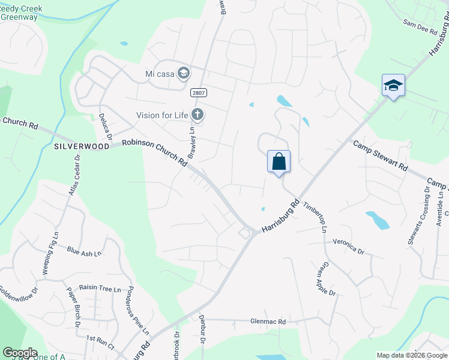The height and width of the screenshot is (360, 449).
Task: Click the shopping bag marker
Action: coord(279,162)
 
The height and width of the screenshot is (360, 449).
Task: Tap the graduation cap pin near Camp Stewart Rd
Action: coord(393,86)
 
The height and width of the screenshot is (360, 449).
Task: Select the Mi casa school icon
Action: coord(184,73)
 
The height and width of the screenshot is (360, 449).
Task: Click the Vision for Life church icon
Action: coord(197,115)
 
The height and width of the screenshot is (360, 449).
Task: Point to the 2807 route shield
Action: coord(199,92)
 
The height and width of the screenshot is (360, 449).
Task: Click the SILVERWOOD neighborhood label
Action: coord(82,146)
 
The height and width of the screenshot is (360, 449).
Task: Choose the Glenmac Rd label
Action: coord(268,322)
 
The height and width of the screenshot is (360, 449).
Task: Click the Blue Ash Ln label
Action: coord(84,253)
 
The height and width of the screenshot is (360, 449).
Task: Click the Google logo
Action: coord(20,353)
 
